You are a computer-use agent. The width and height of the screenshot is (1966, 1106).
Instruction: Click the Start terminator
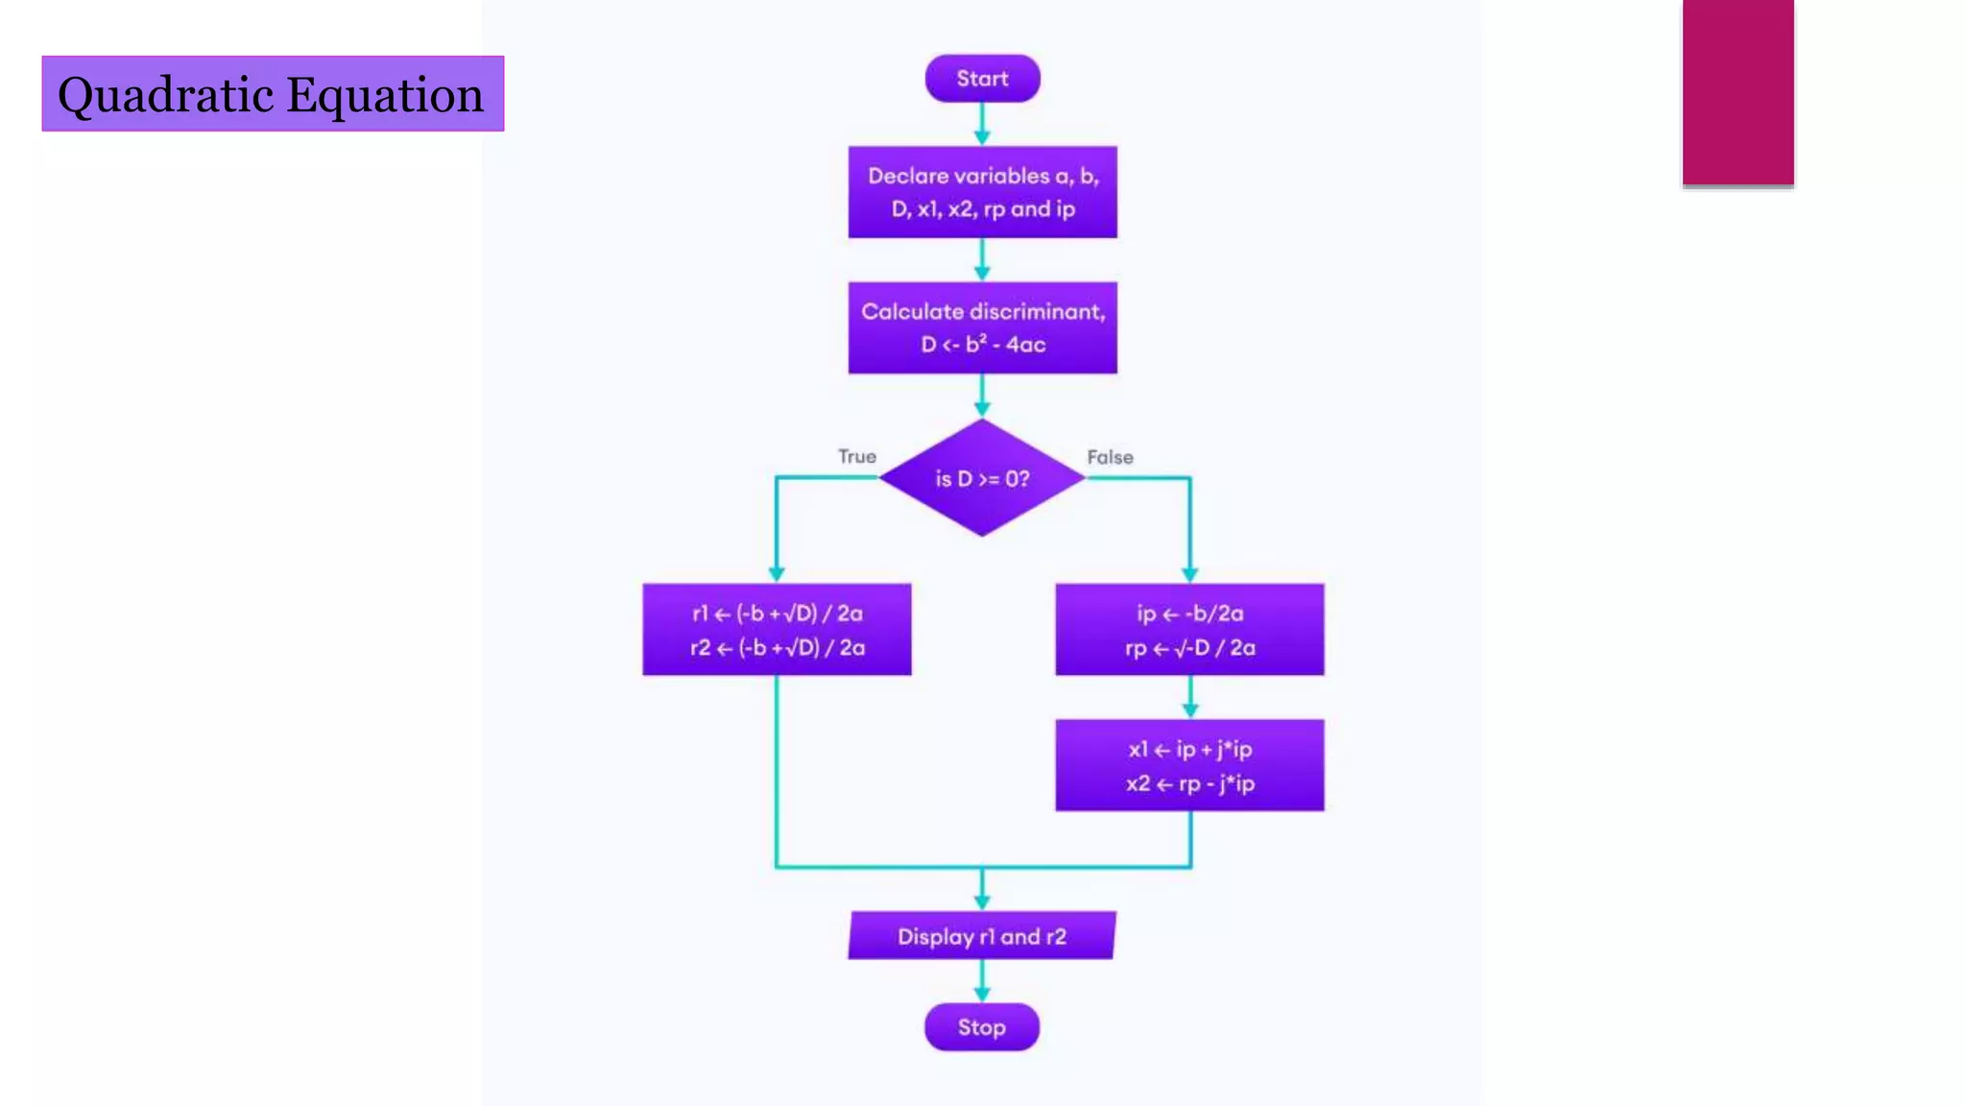pos(982,79)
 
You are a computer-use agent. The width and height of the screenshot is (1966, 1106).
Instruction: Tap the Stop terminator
pos(981,1027)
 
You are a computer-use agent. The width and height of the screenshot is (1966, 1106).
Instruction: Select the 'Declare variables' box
pos(982,192)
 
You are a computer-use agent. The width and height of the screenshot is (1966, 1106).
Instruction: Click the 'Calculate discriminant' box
pos(982,327)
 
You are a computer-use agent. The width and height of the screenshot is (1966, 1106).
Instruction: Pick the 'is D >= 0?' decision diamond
pos(981,478)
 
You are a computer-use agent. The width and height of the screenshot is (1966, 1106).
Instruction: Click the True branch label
pos(856,457)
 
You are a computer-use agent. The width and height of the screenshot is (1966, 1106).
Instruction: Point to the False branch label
pos(1110,458)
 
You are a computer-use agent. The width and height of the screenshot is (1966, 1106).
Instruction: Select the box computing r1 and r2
pos(777,630)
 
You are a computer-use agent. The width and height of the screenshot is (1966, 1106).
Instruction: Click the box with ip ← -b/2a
pos(1189,630)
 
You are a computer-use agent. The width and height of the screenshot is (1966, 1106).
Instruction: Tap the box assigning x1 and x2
pos(1189,765)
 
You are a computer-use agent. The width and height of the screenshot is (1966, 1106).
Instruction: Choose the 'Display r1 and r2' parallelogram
pos(981,936)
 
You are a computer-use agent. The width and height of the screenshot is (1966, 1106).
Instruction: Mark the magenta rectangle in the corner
pos(1738,91)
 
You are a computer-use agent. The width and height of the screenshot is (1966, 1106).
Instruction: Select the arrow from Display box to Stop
pos(981,980)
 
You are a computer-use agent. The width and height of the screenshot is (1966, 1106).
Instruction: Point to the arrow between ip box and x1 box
pos(1189,696)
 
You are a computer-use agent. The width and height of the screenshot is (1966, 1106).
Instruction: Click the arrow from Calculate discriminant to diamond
pos(982,395)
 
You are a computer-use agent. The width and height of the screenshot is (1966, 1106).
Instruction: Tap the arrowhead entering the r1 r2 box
pos(777,574)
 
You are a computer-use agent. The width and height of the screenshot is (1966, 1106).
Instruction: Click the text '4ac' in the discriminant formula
pos(1026,345)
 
